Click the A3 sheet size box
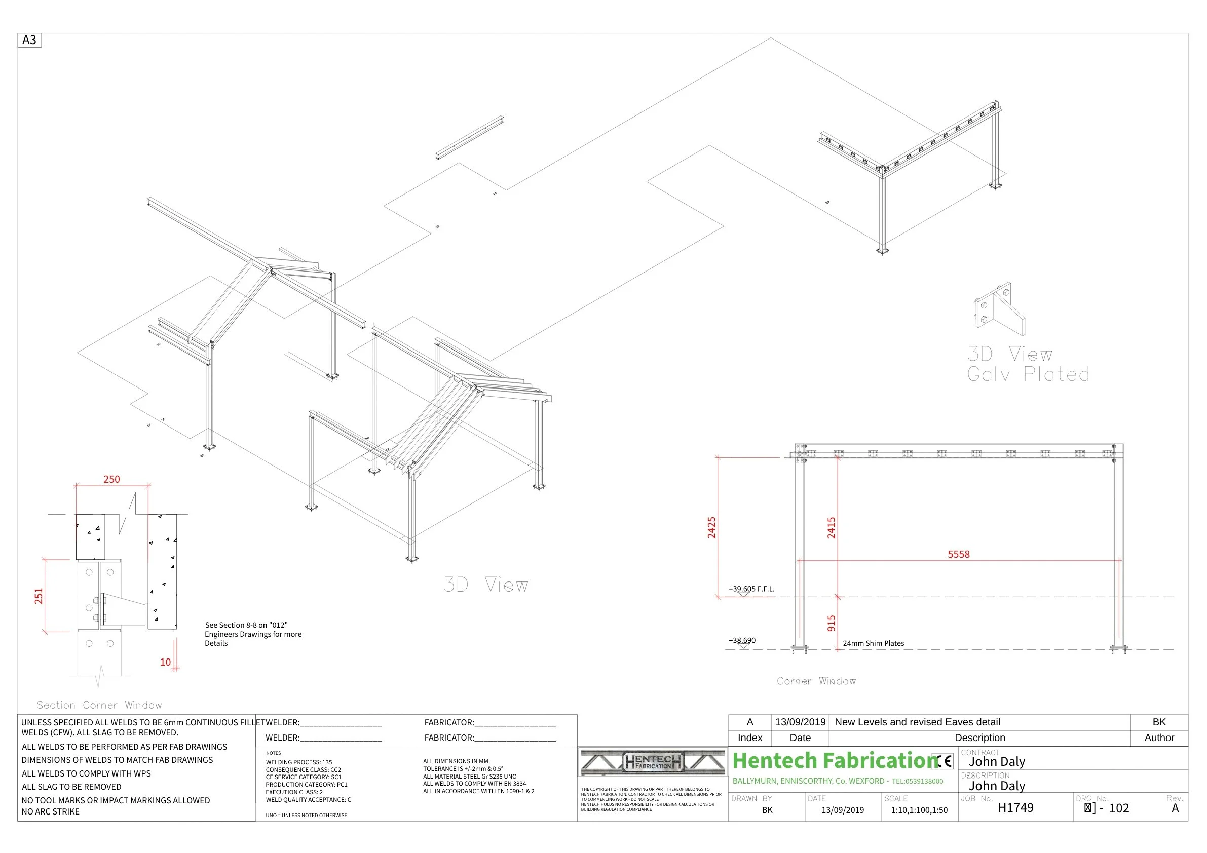click(29, 40)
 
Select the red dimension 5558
click(958, 554)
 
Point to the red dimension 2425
click(711, 527)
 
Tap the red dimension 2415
click(831, 527)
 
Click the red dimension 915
click(831, 623)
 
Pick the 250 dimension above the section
click(111, 479)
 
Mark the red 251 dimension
click(39, 596)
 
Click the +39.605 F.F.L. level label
click(751, 589)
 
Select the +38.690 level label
click(742, 640)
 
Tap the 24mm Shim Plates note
click(873, 643)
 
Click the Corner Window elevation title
click(816, 681)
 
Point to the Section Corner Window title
click(99, 705)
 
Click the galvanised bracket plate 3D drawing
click(999, 309)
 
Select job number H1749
click(1015, 808)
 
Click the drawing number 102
click(1119, 808)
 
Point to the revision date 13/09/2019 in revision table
click(800, 722)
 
